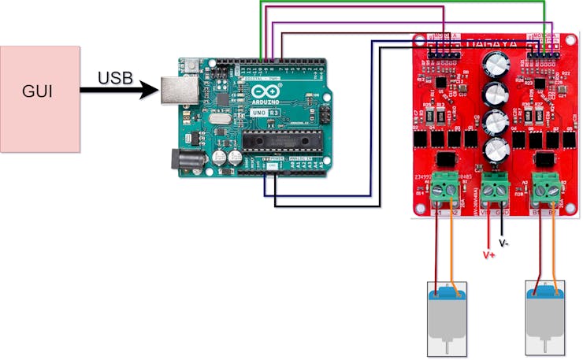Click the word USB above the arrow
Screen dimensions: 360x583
[115, 78]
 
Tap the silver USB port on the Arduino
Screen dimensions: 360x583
[176, 90]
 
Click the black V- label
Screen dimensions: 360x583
[504, 243]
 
